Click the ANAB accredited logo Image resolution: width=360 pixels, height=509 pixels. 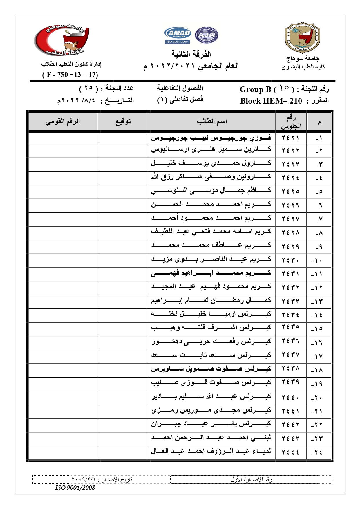pyautogui.click(x=178, y=35)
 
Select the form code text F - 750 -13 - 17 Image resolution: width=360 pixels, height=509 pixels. pyautogui.click(x=70, y=75)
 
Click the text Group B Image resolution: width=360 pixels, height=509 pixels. pyautogui.click(x=255, y=89)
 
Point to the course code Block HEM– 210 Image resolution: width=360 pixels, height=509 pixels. pyautogui.click(x=271, y=101)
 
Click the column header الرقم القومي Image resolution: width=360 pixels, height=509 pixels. pyautogui.click(x=63, y=122)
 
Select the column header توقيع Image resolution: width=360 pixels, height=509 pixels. pyautogui.click(x=123, y=122)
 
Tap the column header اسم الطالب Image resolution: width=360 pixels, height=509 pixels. pyautogui.click(x=212, y=122)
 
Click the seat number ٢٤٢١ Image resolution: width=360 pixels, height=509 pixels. pyautogui.click(x=290, y=138)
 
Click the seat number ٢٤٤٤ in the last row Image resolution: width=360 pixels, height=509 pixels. pyautogui.click(x=290, y=452)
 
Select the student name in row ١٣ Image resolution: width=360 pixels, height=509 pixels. pyautogui.click(x=211, y=301)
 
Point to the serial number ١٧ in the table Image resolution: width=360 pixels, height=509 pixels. pyautogui.click(x=319, y=356)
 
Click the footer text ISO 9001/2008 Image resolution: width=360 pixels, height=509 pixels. pyautogui.click(x=75, y=488)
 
